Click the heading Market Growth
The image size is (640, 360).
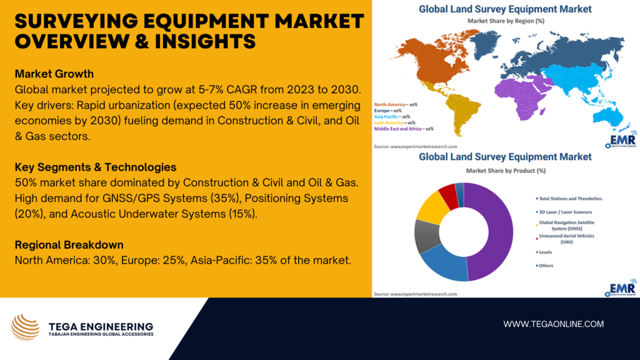[x=54, y=74]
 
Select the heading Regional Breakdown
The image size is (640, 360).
[x=69, y=244]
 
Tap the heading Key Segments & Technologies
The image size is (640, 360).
[x=96, y=167]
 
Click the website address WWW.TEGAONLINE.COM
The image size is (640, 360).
[x=554, y=324]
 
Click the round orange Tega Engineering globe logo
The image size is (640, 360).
[x=25, y=327]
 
